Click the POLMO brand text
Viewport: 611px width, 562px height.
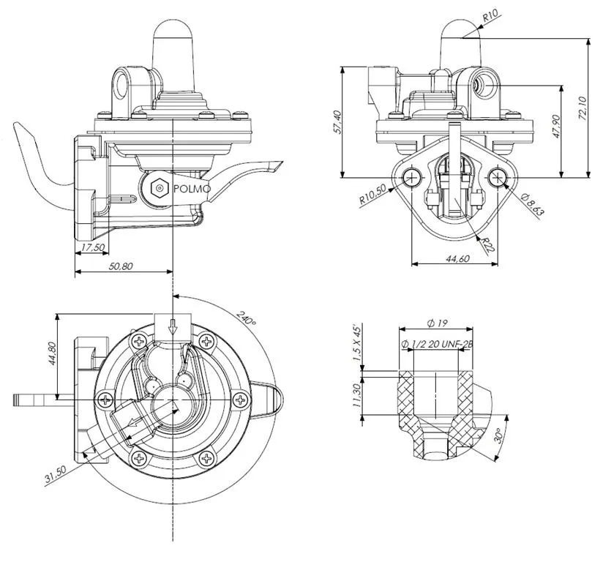(x=192, y=189)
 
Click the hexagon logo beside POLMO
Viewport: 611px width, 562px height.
(x=159, y=188)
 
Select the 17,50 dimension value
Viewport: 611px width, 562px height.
(x=93, y=247)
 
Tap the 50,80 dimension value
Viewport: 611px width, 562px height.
(x=121, y=266)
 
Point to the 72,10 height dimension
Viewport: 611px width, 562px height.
(x=582, y=108)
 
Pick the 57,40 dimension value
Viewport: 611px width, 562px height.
(x=337, y=122)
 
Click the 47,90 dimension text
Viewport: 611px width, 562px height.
(x=556, y=127)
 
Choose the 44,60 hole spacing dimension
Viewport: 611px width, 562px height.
(x=457, y=258)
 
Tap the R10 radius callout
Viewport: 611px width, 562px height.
(x=490, y=16)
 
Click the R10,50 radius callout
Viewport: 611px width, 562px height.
(x=372, y=194)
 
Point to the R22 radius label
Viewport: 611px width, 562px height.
(x=487, y=244)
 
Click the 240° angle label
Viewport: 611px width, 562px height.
(x=247, y=319)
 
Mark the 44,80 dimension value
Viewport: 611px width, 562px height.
(x=52, y=353)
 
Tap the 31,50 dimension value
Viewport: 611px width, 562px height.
(x=56, y=475)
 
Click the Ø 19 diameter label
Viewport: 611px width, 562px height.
(x=437, y=323)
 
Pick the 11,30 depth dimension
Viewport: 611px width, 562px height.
(x=356, y=395)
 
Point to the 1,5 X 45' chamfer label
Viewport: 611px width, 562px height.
(x=357, y=343)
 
